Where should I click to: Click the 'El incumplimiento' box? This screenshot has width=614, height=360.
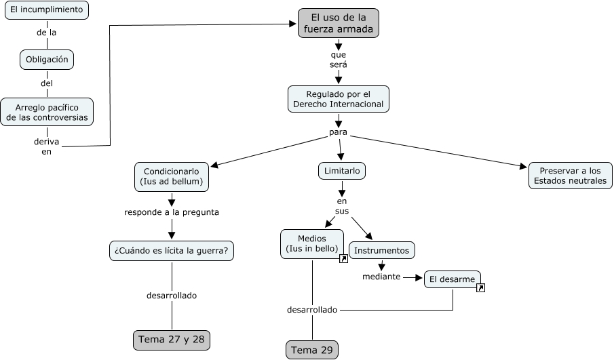[x=45, y=9]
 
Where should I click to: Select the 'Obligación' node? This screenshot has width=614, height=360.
[x=47, y=60]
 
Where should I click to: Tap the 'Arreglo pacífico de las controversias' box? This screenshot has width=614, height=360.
[x=47, y=112]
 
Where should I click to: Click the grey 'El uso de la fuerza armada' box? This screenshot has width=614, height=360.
[x=338, y=23]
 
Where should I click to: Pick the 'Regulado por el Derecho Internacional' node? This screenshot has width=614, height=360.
[x=338, y=99]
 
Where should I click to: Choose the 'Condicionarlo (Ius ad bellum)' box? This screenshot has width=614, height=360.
[x=171, y=177]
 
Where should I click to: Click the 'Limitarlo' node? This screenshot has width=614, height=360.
[x=342, y=171]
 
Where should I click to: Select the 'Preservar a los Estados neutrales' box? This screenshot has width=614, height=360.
[x=571, y=176]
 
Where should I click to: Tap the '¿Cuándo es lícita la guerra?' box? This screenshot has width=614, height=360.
[x=172, y=251]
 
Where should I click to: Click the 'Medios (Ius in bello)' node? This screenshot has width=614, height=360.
[x=312, y=244]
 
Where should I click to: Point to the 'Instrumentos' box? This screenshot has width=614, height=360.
[x=381, y=250]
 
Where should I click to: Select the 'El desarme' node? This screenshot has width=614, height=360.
[x=452, y=279]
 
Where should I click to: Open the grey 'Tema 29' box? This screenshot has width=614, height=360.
[x=312, y=350]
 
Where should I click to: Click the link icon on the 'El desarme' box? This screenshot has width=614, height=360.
[x=480, y=288]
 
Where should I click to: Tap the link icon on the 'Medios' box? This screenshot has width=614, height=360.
[x=343, y=259]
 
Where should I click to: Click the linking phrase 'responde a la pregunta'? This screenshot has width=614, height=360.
[x=172, y=212]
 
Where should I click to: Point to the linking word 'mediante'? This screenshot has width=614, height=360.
[x=381, y=277]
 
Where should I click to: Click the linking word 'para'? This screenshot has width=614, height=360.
[x=338, y=132]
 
